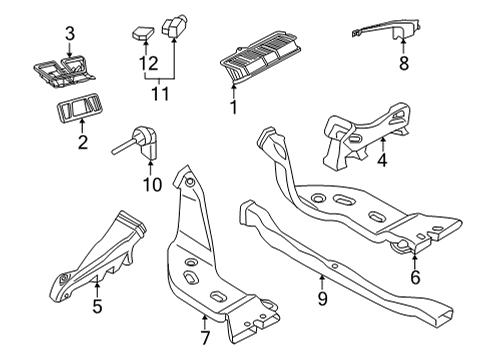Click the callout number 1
(x=234, y=107)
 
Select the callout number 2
(x=82, y=142)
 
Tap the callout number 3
(x=70, y=34)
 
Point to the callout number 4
(x=382, y=160)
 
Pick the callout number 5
(x=97, y=306)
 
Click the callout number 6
(x=415, y=277)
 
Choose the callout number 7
(x=205, y=338)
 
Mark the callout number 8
(x=404, y=63)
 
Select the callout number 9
(x=322, y=298)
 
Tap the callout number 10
(x=152, y=184)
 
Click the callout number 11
(x=160, y=94)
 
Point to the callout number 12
(x=148, y=63)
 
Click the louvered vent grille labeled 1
(x=261, y=56)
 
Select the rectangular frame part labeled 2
(x=78, y=108)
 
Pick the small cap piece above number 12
(x=144, y=32)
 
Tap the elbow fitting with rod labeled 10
(x=140, y=142)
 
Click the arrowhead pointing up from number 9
(x=322, y=276)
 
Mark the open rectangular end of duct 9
(x=444, y=315)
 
